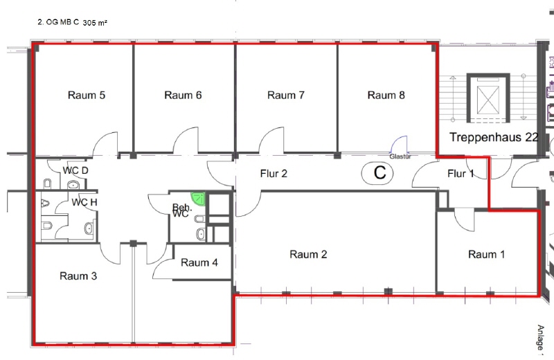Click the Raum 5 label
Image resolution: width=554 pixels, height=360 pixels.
click(87, 96)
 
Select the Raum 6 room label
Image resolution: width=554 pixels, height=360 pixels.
click(183, 96)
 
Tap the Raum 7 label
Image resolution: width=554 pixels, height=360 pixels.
click(286, 96)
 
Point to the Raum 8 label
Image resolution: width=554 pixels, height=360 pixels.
click(386, 96)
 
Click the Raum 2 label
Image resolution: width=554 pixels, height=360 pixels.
click(308, 254)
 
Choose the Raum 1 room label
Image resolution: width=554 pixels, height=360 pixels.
click(487, 254)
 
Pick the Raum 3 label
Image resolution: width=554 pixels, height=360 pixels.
click(78, 276)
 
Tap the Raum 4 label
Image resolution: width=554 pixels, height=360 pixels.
click(199, 262)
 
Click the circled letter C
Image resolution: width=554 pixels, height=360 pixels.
click(377, 173)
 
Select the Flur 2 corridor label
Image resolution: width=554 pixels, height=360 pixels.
click(274, 174)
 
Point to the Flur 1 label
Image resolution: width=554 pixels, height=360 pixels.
click(461, 174)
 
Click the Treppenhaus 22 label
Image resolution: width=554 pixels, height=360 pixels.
click(494, 137)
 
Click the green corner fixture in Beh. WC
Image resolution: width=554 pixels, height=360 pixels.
click(198, 198)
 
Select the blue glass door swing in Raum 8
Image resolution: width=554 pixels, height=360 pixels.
click(398, 145)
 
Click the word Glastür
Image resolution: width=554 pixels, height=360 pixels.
click(400, 156)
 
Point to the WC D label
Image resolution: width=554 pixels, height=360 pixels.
click(75, 170)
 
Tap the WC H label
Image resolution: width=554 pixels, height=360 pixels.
click(84, 202)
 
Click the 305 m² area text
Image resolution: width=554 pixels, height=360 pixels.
click(95, 23)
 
